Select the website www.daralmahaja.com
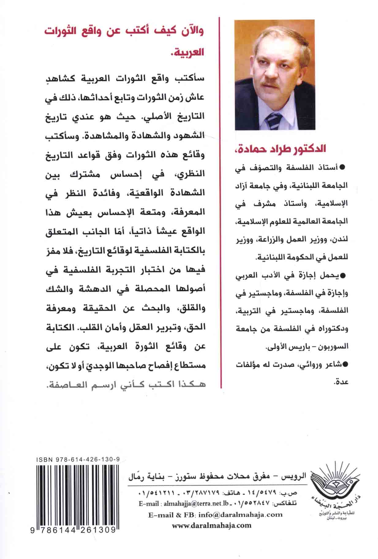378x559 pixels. pos(212,525)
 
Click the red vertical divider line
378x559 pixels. pos(221,202)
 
